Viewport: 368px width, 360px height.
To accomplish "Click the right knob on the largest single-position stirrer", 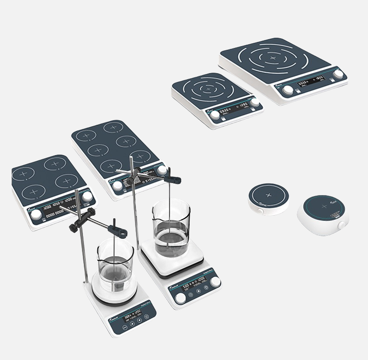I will click(338, 74).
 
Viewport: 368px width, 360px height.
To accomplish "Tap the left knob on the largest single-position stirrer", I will click(288, 89).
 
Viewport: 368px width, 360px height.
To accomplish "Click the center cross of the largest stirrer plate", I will click(273, 58).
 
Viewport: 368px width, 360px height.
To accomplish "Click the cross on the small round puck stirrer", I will click(267, 194).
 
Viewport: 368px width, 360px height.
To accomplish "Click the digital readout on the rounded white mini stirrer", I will click(335, 216).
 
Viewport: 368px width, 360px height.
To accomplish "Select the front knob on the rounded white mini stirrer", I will click(341, 225).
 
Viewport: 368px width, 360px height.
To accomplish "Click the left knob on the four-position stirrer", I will click(36, 215).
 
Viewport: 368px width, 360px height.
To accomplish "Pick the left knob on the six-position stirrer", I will click(118, 185).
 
